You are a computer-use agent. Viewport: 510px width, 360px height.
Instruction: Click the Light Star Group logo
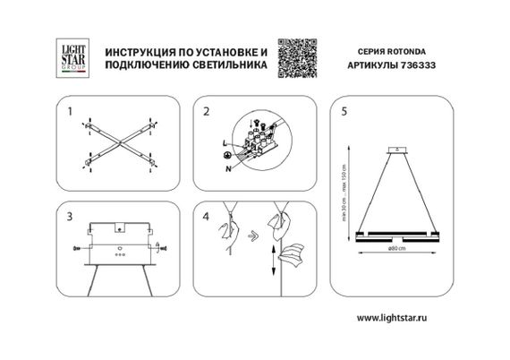click(x=69, y=55)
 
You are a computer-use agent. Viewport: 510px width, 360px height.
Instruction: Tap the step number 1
click(x=70, y=113)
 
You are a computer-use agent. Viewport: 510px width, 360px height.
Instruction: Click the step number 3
click(x=70, y=218)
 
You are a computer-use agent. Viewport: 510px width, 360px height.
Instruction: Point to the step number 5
click(x=344, y=113)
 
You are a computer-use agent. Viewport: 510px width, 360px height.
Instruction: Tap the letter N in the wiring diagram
click(x=229, y=168)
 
